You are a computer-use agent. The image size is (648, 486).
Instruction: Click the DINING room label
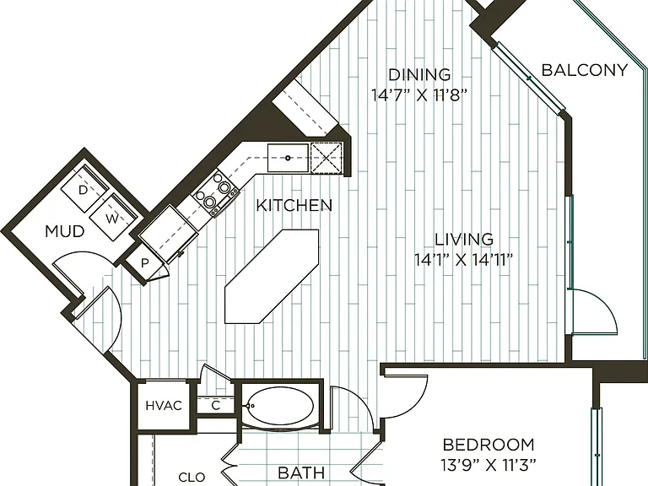419,75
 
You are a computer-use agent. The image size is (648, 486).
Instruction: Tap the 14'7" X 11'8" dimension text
419,95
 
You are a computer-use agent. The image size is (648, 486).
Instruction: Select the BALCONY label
585,70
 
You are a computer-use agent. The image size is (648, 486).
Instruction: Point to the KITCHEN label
294,205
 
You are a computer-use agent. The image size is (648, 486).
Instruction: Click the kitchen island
272,276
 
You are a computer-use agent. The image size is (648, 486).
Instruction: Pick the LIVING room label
464,240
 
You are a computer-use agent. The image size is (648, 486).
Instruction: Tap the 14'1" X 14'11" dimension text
464,260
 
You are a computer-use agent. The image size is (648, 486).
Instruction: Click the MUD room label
65,232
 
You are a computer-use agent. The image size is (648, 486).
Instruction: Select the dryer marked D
84,189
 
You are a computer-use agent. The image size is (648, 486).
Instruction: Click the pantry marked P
144,263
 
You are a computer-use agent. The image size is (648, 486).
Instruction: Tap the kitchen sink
288,158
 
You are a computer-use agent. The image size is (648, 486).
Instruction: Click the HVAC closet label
164,406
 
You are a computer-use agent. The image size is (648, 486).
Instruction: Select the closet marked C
216,406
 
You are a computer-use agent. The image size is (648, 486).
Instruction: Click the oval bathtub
280,406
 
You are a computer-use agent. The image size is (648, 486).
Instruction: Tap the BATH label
301,472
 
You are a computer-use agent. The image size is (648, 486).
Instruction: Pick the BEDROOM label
489,445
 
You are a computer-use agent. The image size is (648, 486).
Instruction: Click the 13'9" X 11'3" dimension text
488,466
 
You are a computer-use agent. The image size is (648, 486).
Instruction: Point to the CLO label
192,478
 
